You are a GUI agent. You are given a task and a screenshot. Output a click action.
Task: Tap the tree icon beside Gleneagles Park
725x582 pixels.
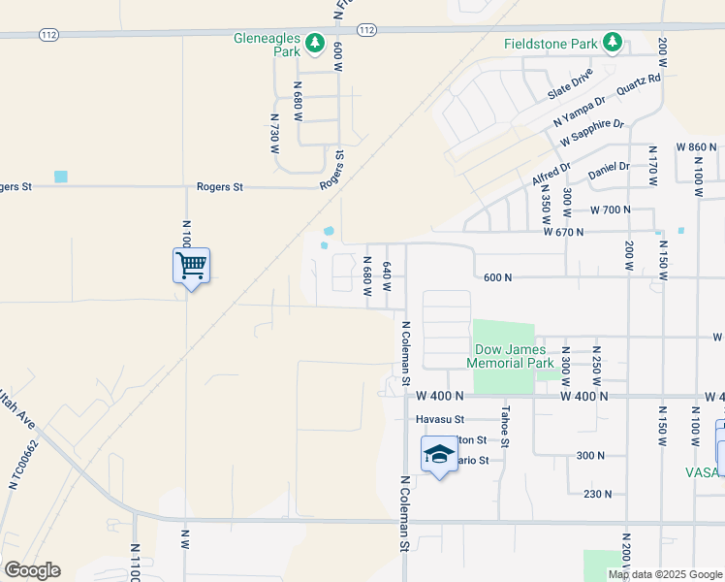(x=315, y=43)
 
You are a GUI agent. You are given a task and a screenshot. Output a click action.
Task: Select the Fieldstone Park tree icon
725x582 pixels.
(x=612, y=43)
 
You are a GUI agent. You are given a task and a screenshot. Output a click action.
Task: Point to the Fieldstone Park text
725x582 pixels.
(x=551, y=45)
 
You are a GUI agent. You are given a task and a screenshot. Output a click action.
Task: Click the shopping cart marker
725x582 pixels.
(x=192, y=264)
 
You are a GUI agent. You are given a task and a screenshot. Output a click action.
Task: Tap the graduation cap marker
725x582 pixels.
(x=439, y=454)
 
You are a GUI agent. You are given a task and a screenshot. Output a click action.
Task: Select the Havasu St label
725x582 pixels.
(x=441, y=420)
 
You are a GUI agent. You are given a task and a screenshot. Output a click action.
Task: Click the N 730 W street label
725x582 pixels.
(x=274, y=134)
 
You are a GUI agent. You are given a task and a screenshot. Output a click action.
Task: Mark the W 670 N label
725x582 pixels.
(x=563, y=232)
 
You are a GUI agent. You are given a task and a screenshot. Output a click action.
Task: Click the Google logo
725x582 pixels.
(x=32, y=570)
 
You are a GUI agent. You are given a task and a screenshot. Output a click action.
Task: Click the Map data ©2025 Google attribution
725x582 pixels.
(x=665, y=574)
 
